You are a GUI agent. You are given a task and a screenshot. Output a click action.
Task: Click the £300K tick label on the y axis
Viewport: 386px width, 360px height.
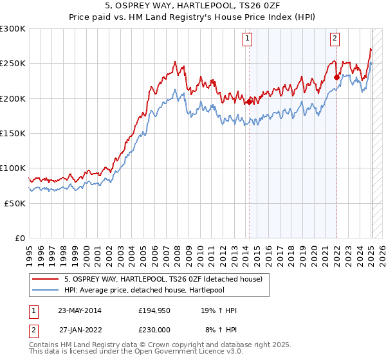pos(13,29)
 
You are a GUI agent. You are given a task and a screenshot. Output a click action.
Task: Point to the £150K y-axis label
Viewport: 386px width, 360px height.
pos(13,133)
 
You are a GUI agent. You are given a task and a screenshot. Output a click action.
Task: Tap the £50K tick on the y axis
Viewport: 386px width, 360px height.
pos(15,203)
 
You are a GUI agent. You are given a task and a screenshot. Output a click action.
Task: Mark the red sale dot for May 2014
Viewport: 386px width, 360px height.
pos(249,101)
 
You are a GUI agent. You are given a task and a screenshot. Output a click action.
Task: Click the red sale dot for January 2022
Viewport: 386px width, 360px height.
pos(336,77)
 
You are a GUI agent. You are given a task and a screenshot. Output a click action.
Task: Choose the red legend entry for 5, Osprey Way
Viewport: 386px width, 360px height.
pos(163,280)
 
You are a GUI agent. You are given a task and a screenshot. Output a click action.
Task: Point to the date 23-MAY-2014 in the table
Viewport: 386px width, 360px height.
pos(80,310)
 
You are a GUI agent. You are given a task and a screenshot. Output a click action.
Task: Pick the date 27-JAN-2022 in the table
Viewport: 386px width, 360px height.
pos(80,329)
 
